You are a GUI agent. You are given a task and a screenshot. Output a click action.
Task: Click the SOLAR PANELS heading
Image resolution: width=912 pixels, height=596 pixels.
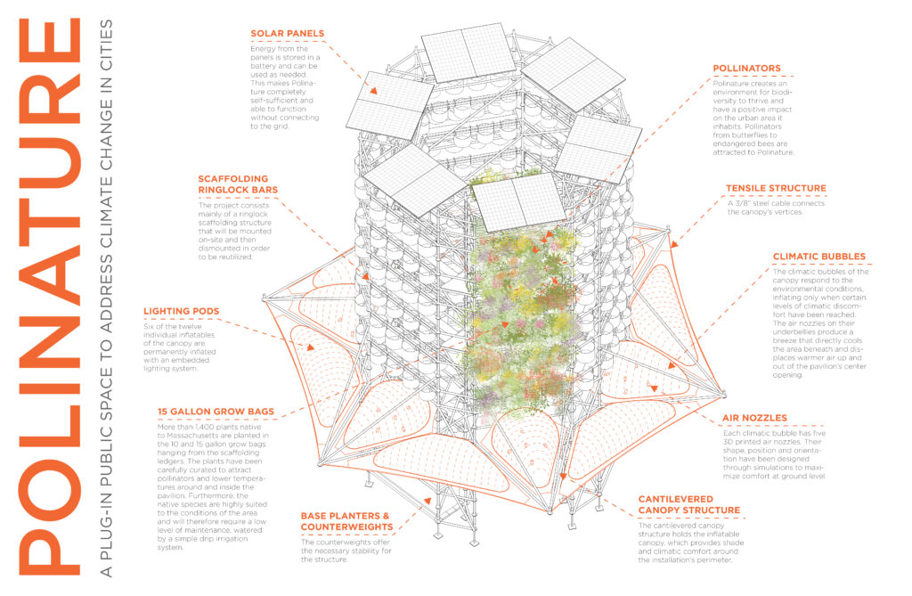click(x=287, y=34)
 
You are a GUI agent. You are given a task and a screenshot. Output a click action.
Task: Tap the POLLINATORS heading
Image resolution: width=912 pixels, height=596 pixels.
click(x=746, y=68)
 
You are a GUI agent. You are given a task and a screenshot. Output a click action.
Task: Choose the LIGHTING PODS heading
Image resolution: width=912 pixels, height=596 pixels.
click(x=181, y=311)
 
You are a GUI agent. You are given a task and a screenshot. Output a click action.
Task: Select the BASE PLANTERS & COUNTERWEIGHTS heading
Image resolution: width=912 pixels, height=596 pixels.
click(x=345, y=522)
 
